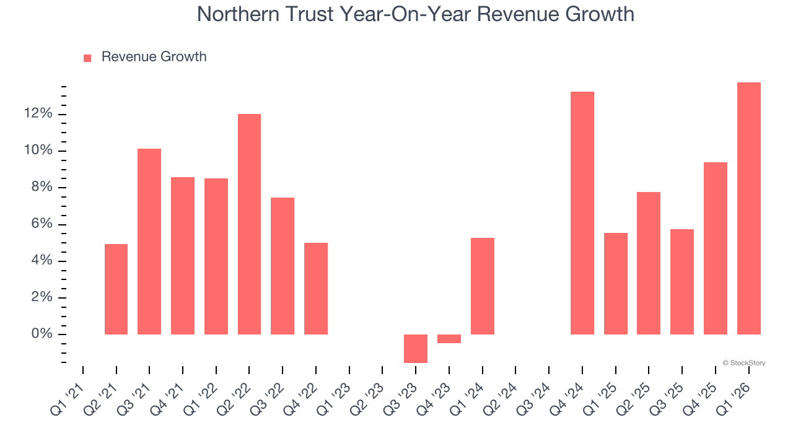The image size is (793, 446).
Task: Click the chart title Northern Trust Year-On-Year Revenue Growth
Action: point(415,14)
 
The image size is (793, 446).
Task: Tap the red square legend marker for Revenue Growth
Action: point(87,58)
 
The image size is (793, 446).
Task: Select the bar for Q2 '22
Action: point(249,224)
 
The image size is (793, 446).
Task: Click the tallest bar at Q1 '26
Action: point(748,208)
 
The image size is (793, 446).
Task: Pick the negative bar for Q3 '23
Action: point(416,348)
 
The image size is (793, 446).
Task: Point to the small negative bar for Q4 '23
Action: point(449,339)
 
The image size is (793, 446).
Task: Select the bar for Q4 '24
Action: point(582,213)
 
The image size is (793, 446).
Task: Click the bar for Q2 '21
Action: point(116,289)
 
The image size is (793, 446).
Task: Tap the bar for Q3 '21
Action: point(149,242)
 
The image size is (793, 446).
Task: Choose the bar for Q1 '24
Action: point(483,286)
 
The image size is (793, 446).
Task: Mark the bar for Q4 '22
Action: point(316,289)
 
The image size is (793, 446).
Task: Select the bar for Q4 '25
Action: point(715,248)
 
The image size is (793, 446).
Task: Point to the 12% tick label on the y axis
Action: point(38,114)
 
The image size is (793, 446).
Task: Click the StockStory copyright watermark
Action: point(743,363)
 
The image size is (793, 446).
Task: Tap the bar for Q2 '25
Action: point(649,263)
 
